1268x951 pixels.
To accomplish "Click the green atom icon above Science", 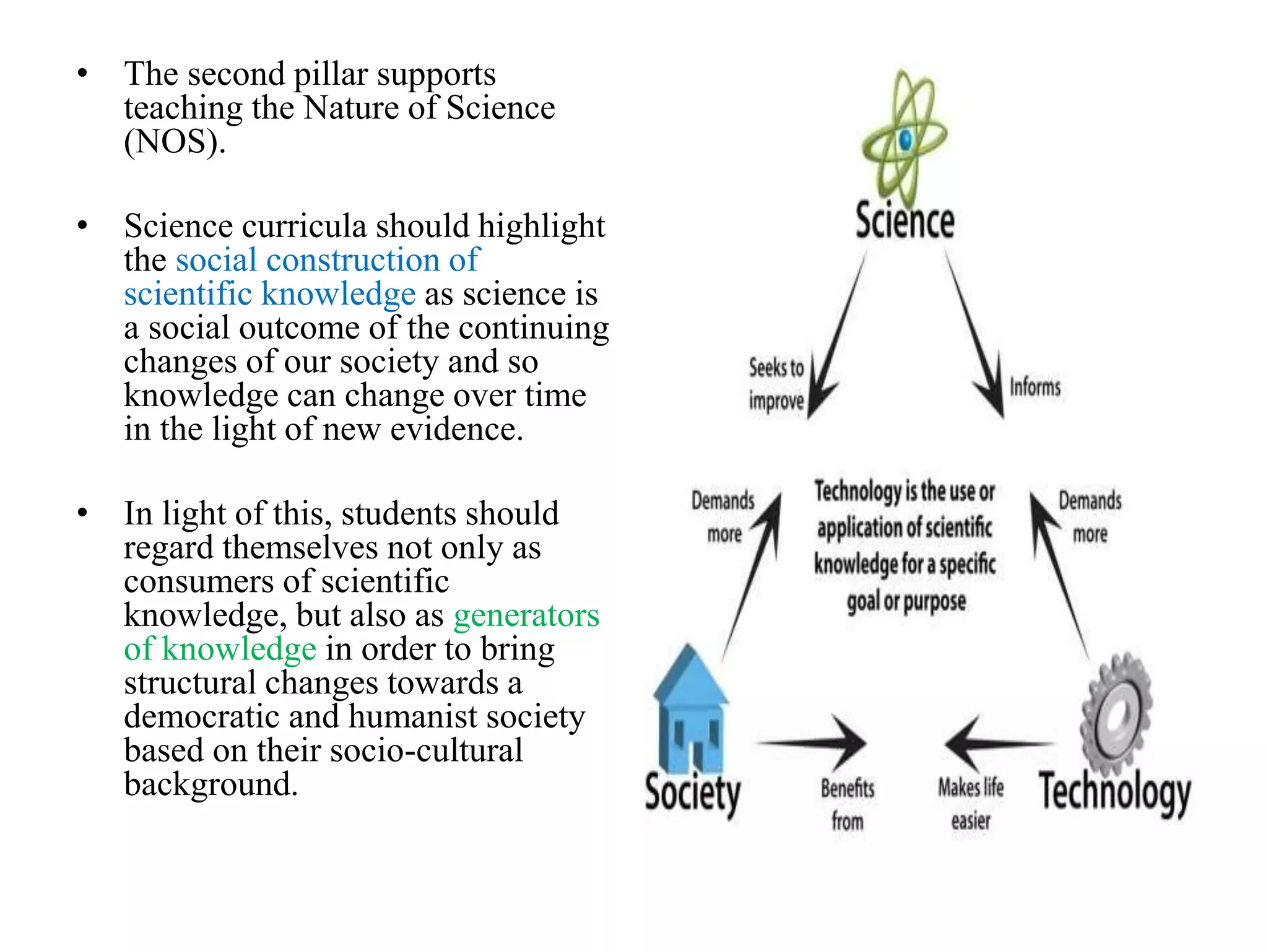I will point(905,139).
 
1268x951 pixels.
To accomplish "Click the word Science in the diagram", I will point(905,221).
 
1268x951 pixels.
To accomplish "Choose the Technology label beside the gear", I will point(1114,792).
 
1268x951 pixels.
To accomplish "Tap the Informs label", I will point(1035,387).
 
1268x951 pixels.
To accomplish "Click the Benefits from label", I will point(848,804).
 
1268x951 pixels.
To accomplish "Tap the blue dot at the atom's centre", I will point(906,140).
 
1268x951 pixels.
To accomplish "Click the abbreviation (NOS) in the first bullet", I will point(174,142).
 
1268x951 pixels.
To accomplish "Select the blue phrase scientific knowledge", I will point(269,293).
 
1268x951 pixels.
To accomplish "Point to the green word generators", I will point(526,615).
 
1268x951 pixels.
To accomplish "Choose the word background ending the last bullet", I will point(211,784).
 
